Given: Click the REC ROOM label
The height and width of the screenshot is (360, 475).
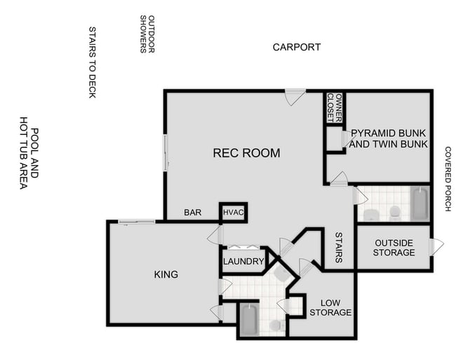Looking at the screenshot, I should point(246,153).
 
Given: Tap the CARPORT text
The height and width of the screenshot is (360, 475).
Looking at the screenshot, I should point(297,47).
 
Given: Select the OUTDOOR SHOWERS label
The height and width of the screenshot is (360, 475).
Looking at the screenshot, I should point(147,34).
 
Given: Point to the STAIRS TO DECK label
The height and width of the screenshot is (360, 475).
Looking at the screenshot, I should point(92,62).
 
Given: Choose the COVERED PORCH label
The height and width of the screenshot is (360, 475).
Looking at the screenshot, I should point(448,179).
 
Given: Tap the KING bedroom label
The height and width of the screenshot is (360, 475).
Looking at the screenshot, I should point(166,274).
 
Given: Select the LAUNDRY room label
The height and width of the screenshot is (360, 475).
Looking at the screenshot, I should point(243,262).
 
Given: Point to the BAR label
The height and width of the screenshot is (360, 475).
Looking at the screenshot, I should point(193,213).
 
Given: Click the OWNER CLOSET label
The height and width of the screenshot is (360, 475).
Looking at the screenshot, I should point(335,107).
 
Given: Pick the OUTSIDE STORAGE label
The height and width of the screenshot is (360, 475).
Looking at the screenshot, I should point(394,248).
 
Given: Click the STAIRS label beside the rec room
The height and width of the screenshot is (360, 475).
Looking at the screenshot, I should point(338,248).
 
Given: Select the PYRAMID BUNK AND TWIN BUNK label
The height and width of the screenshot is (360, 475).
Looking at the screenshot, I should point(389,138).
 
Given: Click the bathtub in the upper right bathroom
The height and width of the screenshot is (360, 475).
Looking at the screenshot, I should point(419,204).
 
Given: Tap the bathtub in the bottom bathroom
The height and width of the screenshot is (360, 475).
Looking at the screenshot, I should point(249,319).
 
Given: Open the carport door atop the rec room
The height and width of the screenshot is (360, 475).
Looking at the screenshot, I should point(295,95).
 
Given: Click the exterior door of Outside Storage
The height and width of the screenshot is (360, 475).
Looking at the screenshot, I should point(436,247).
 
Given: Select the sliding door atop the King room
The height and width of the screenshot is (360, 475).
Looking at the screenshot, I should point(137,222).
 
